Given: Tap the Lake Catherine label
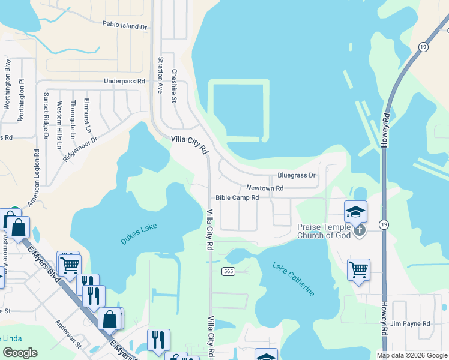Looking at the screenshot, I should coord(293,278).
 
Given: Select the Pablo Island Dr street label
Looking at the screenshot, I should coord(124,26).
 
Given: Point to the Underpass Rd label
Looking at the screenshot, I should coord(124,81).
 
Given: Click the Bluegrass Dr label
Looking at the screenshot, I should coord(296,175).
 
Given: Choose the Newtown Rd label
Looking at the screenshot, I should coord(265,188).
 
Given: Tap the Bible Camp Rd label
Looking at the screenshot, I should coord(237,197).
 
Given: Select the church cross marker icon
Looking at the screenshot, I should coord(360,230).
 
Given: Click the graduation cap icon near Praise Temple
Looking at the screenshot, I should coord(355,211).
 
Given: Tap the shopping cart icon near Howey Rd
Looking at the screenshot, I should coord(358,269).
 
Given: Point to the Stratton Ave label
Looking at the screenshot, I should coord(160,76).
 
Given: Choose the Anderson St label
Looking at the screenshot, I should coord(68,333).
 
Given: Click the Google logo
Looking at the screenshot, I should coord(20,353).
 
